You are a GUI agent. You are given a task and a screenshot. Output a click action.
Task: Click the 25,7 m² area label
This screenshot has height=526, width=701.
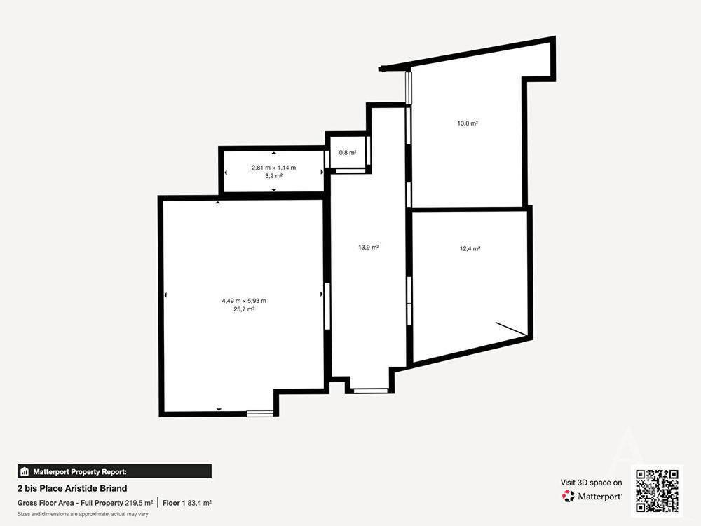[244, 309]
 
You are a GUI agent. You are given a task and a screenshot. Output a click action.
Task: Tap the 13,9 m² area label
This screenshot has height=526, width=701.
[369, 248]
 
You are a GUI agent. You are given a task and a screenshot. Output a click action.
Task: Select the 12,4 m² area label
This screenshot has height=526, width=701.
[470, 249]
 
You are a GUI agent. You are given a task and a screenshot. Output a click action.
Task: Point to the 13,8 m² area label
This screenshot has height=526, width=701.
[468, 123]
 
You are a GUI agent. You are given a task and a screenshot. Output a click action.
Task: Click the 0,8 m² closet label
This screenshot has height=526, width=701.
[348, 152]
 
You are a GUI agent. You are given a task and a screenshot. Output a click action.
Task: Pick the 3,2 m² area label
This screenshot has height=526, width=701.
[273, 176]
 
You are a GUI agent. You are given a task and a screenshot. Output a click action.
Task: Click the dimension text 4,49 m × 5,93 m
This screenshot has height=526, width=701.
[244, 301]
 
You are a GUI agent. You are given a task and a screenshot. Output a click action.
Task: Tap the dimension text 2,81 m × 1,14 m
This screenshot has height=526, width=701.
[273, 168]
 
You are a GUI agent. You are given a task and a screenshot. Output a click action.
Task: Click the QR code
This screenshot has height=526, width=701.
[658, 491]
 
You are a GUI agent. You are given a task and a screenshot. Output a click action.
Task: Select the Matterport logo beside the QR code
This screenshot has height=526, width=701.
[592, 496]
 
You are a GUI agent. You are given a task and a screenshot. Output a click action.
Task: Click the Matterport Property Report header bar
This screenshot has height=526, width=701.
[114, 471]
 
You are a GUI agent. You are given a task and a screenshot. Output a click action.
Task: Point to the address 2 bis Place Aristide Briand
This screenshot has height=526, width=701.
[72, 488]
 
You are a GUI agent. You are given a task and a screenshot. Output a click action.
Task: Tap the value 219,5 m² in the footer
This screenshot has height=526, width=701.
[139, 503]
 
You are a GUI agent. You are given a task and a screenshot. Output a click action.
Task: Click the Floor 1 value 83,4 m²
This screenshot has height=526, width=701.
[199, 503]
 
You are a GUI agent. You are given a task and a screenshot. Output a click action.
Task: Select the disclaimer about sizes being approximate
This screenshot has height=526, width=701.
[83, 514]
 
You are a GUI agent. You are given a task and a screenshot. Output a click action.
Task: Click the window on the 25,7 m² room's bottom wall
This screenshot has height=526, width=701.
[260, 414]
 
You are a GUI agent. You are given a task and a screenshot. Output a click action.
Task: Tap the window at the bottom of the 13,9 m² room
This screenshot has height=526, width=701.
[371, 391]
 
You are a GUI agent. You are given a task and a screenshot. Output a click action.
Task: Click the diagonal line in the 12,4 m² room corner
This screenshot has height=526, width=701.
[512, 328]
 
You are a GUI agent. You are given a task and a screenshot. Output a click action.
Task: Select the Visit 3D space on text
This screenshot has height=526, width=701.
[591, 483]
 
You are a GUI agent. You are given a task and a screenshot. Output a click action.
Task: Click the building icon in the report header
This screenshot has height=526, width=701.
[25, 471]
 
